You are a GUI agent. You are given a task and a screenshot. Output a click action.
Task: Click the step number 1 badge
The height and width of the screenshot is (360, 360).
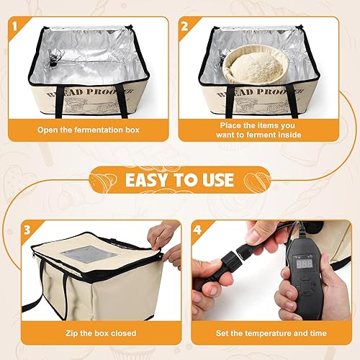(15, 27)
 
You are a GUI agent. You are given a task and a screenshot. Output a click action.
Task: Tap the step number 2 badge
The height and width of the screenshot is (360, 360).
(185, 27)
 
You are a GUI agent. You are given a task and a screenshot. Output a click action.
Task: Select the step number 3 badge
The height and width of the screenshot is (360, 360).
(27, 230)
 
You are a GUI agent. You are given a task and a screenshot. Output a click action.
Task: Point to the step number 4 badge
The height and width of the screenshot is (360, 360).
(197, 230)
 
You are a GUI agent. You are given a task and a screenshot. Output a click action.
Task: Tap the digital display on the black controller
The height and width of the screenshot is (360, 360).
(305, 264)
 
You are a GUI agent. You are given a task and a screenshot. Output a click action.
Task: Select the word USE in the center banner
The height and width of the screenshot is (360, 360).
(217, 180)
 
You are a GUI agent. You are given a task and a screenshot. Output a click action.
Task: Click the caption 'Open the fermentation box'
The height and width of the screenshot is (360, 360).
(89, 130)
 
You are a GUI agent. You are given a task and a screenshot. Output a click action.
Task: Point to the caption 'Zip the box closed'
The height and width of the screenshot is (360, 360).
(101, 333)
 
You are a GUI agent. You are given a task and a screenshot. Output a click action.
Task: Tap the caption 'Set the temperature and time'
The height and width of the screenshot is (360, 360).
(271, 333)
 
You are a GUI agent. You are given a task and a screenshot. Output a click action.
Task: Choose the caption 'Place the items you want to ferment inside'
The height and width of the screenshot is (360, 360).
(258, 130)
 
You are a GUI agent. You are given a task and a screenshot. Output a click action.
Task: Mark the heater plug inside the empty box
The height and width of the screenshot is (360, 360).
(53, 60)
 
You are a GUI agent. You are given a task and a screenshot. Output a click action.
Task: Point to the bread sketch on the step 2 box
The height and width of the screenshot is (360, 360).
(261, 106)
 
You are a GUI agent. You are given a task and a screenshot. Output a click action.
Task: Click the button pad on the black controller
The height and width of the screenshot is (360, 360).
(305, 285)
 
